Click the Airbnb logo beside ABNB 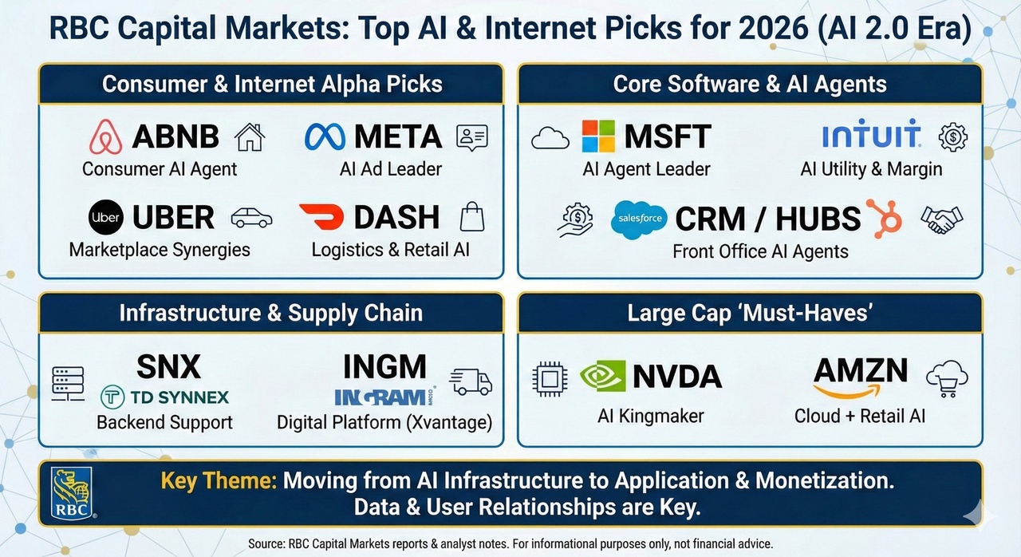106,136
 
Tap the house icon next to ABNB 250,137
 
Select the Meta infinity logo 325,136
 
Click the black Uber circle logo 106,217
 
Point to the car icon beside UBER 251,218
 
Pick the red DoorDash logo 321,216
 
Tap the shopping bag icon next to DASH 472,217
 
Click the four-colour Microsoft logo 598,136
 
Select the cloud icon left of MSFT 550,138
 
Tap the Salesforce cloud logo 639,219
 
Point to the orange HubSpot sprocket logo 885,219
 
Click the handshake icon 942,219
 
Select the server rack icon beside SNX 68,384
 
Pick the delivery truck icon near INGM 471,382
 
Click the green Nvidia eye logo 602,376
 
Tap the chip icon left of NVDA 550,379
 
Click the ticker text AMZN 861,370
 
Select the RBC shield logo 72,493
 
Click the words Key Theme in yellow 219,481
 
